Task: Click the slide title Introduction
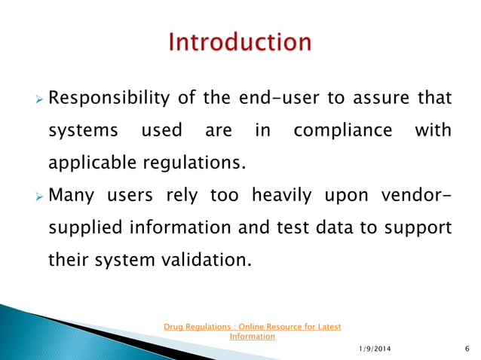click(x=240, y=42)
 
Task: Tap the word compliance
click(x=343, y=130)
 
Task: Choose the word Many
click(x=72, y=196)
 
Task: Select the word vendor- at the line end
click(x=412, y=196)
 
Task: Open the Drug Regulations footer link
click(x=253, y=327)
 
